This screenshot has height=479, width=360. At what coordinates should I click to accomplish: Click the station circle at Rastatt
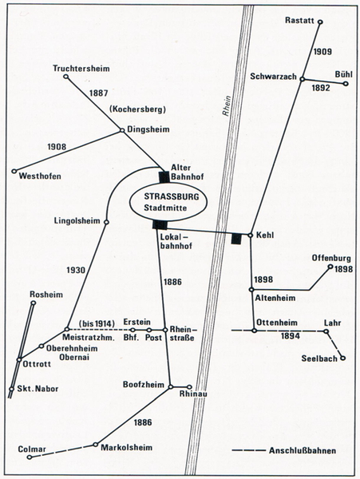[320, 22]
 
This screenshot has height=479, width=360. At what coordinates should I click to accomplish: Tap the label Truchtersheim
[81, 68]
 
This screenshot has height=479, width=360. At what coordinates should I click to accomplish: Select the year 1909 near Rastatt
[322, 52]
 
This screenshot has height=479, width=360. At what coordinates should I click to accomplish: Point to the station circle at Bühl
[346, 83]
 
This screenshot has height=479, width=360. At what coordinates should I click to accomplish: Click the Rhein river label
[227, 105]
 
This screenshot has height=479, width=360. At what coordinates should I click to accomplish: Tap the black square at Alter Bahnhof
[164, 177]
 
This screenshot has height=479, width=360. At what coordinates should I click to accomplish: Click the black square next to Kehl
[236, 238]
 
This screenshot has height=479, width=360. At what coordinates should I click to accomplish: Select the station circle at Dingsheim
[121, 130]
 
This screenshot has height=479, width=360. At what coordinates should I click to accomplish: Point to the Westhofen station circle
[14, 172]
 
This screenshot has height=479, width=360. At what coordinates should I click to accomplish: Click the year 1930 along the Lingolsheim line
[76, 270]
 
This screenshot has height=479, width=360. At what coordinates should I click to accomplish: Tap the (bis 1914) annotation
[97, 323]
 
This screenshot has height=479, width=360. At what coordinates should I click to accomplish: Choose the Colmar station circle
[30, 457]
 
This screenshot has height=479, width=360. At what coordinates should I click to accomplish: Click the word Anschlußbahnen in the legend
[303, 450]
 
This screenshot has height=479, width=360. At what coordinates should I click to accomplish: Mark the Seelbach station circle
[343, 358]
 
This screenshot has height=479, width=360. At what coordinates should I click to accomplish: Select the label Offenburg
[331, 258]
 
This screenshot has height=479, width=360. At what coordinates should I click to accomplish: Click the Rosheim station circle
[34, 303]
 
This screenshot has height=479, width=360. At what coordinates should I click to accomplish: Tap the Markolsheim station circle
[96, 444]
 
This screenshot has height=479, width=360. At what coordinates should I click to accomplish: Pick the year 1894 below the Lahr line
[291, 336]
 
